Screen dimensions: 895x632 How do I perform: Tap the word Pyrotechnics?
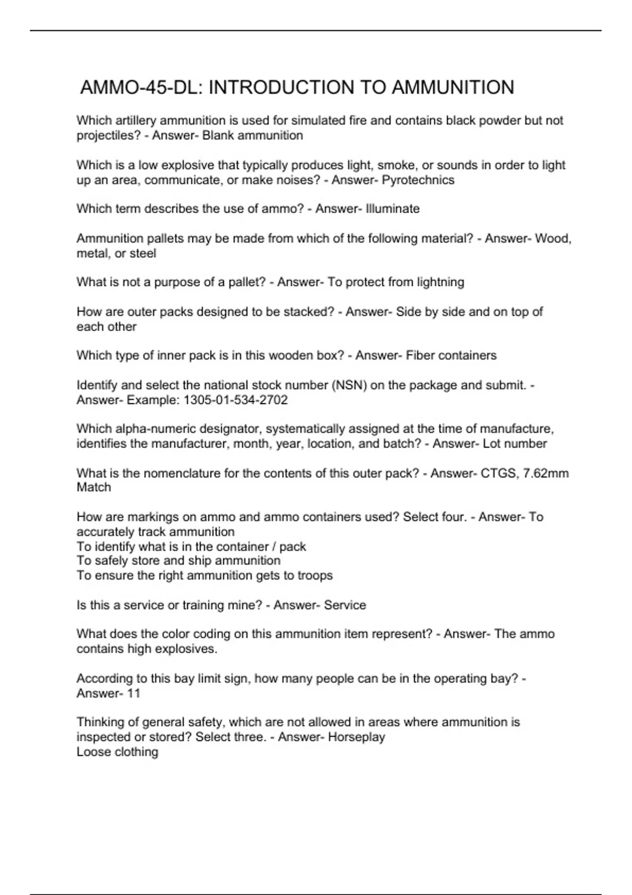pyautogui.click(x=418, y=180)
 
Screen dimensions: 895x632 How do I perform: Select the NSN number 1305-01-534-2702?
pyautogui.click(x=235, y=400)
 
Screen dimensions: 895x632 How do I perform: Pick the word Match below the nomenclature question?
pyautogui.click(x=94, y=488)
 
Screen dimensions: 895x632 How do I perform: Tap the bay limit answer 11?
pyautogui.click(x=134, y=693)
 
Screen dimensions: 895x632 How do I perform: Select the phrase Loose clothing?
pyautogui.click(x=117, y=752)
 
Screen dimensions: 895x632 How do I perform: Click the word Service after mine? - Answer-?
pyautogui.click(x=345, y=605)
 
